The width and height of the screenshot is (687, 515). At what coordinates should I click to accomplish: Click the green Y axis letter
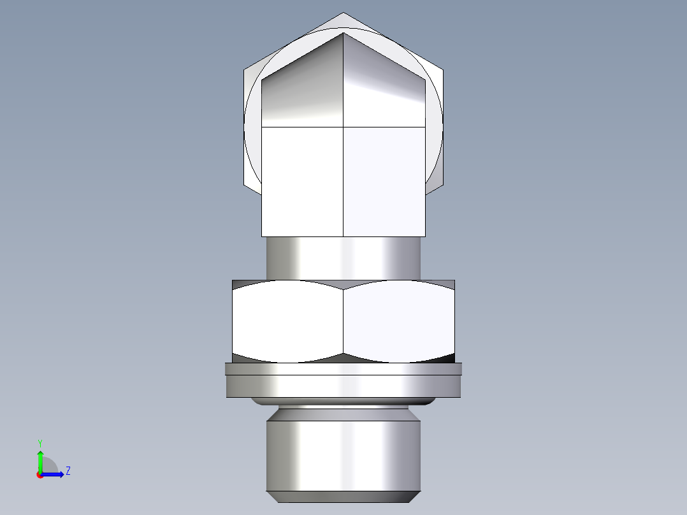point(40,442)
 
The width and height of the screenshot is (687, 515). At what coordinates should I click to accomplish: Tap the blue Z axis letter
point(68,471)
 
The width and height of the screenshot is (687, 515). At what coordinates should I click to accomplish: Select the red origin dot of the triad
point(40,475)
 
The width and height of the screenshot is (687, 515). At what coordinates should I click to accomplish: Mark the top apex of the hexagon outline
point(343,13)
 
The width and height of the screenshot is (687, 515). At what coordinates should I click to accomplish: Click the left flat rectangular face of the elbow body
point(303,182)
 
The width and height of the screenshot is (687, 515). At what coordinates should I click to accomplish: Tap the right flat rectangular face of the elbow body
point(384,182)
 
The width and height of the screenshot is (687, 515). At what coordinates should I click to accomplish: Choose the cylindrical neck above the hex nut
point(343,258)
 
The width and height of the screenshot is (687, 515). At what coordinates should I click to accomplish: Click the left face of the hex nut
point(287,322)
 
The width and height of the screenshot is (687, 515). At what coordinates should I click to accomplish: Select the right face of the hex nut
point(400,322)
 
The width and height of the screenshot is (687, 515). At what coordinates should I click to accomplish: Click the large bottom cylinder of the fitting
point(343,453)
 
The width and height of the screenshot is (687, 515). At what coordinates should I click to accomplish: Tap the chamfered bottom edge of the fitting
point(343,497)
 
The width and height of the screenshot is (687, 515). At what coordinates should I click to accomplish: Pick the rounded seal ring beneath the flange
point(343,402)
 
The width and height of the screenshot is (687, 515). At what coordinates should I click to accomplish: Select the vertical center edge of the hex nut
point(343,322)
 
